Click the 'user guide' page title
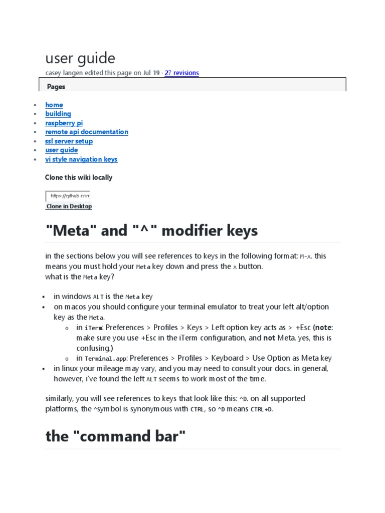80,59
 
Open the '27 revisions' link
181,73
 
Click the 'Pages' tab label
56,87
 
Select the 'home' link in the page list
54,105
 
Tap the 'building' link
58,114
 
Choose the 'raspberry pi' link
64,123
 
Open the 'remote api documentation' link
87,132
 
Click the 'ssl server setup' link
69,141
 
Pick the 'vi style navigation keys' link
81,159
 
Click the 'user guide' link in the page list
62,150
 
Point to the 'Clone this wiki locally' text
79,177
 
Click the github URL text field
68,196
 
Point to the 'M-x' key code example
305,256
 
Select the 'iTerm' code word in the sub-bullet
94,328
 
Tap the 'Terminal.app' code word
105,359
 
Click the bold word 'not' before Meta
269,338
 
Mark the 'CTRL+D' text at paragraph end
262,410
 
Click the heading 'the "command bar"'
115,436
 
